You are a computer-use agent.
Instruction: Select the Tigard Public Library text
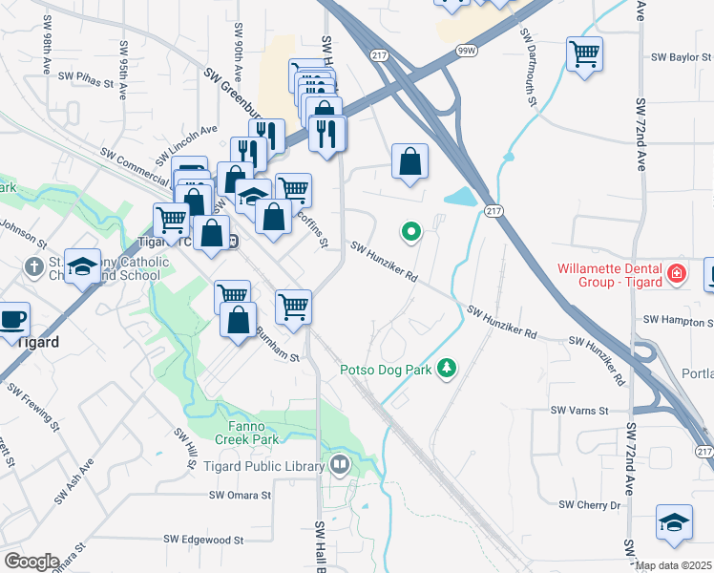[264, 466]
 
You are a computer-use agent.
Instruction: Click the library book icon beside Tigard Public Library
[339, 466]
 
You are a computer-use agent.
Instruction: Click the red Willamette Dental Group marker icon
[677, 274]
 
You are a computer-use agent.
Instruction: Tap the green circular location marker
[411, 231]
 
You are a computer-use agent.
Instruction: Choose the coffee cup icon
[11, 319]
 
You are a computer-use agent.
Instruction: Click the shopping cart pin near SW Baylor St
[584, 53]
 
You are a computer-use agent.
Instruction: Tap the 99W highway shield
[467, 52]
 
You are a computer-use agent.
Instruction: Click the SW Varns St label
[579, 411]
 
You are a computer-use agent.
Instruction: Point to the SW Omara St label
[241, 496]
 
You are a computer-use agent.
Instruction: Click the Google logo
[31, 561]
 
